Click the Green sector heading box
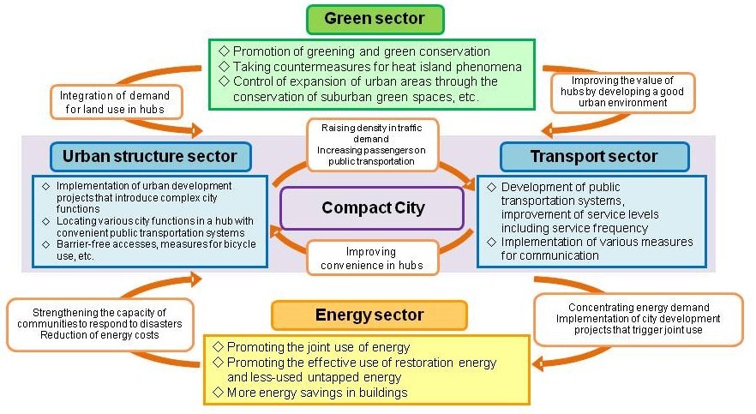coord(375,19)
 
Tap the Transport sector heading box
coord(594,156)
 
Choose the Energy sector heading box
coord(369,315)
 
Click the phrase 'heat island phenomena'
coord(468,66)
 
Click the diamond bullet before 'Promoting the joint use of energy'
coord(218,347)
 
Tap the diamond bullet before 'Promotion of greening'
coord(224,51)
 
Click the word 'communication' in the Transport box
coord(550,255)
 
